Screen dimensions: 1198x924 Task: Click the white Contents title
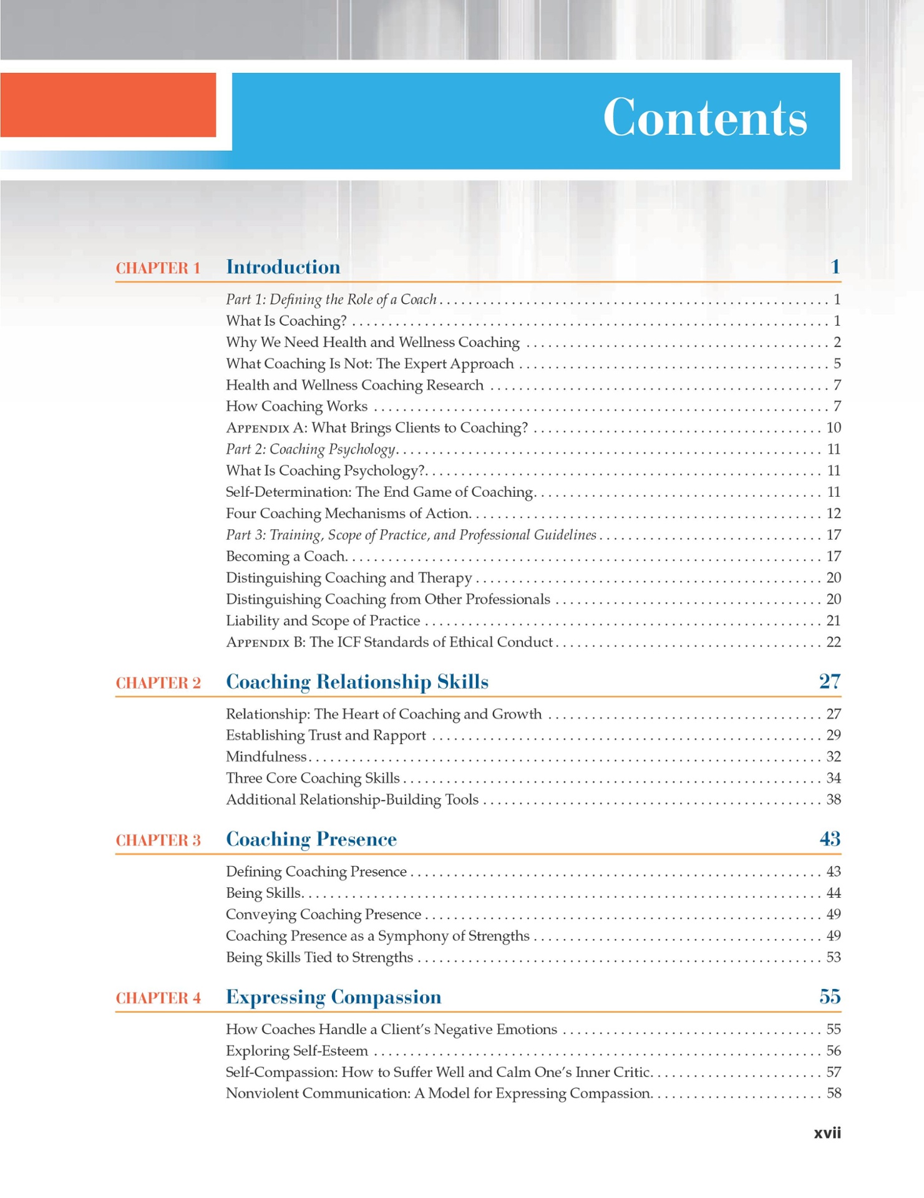click(704, 118)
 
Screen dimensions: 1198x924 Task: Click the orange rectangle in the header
click(108, 105)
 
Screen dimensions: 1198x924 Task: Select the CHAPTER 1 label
click(158, 268)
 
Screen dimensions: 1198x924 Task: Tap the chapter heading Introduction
click(283, 267)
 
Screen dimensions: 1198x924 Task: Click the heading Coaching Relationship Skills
click(357, 682)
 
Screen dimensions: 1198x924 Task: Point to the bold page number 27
click(829, 681)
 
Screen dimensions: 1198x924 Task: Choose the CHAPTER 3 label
click(158, 840)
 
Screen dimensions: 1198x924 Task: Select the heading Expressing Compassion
click(333, 997)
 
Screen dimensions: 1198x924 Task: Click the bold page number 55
click(829, 997)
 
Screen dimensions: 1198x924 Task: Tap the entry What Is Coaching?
click(286, 321)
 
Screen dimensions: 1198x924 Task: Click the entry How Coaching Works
click(296, 406)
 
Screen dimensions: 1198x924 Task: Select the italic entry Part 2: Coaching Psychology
click(310, 449)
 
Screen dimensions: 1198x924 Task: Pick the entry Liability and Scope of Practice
click(323, 621)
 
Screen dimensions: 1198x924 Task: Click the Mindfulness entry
click(266, 757)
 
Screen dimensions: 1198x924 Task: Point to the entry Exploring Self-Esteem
click(297, 1051)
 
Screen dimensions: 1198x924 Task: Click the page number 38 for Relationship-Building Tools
click(834, 799)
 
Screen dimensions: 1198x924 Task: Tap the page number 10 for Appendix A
click(834, 428)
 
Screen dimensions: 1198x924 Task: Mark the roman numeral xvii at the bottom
click(827, 1133)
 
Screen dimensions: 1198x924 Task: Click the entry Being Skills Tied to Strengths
click(319, 957)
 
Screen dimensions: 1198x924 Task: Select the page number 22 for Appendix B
click(834, 642)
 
